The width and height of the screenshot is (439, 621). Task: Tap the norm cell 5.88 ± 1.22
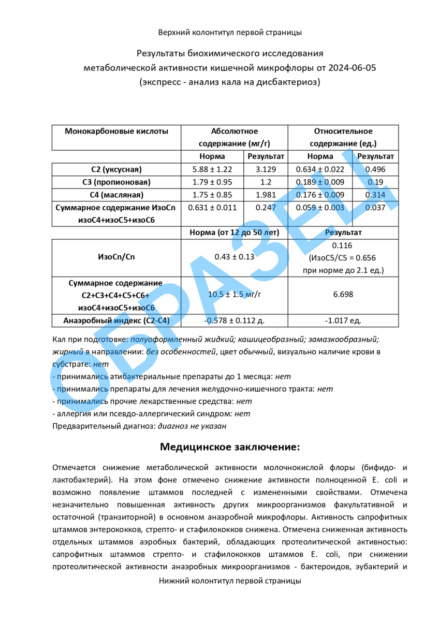pos(212,169)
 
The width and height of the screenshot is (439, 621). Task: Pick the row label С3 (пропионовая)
pos(116,182)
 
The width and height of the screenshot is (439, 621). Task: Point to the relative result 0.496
pos(375,169)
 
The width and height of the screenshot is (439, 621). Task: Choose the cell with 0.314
pos(375,195)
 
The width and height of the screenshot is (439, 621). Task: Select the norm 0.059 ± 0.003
pos(320,207)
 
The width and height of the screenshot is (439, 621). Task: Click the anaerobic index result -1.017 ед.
pos(343,321)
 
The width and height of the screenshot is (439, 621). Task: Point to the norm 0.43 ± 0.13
pos(234,257)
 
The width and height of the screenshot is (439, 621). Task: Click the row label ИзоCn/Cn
pos(116,257)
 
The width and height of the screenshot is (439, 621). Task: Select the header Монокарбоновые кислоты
pos(116,131)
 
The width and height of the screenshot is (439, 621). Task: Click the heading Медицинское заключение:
pos(230,446)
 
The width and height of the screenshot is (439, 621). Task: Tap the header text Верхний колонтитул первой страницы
pos(230,33)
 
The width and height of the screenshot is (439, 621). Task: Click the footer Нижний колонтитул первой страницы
pos(230,581)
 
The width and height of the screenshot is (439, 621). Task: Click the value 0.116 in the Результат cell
pos(343,245)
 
